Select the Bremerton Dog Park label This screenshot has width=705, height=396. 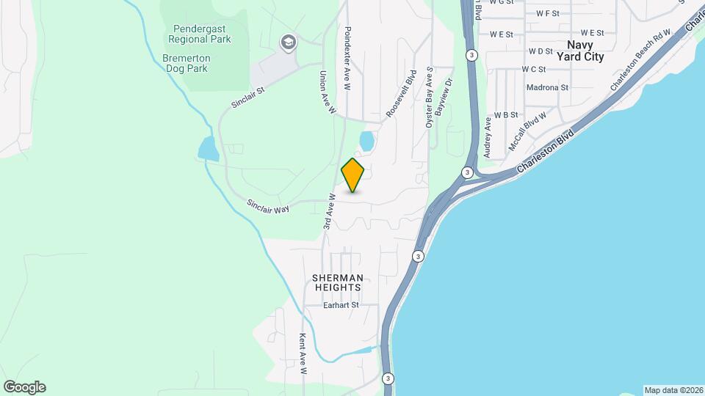point(187,63)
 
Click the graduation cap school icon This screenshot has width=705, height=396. point(288,43)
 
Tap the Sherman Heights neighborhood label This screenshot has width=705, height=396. point(338,282)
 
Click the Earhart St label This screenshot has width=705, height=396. point(341,305)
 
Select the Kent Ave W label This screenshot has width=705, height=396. point(302,354)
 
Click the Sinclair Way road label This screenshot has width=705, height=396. point(267,206)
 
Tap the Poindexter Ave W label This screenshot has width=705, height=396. point(347,51)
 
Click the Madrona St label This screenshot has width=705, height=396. point(548,87)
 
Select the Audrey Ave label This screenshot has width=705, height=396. point(487,137)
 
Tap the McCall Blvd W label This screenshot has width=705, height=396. point(527,131)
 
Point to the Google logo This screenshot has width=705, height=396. point(24,387)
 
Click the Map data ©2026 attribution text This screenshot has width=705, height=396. point(673,390)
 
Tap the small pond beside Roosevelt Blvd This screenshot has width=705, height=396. point(365,140)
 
